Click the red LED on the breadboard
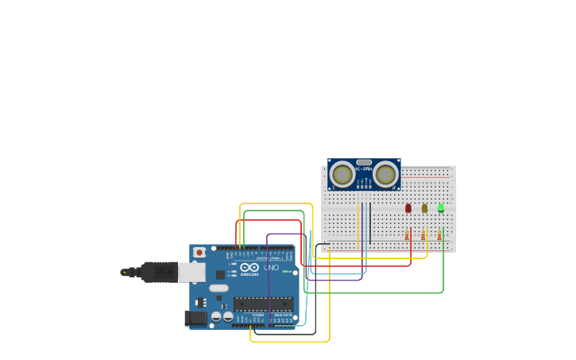coord(408,208)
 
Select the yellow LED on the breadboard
coord(424,208)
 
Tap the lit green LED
coord(441,208)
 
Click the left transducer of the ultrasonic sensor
coord(342,174)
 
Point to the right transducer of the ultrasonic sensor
coord(386,174)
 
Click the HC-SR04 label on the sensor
coord(364,169)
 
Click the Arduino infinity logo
coord(249,268)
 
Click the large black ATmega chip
coord(263,304)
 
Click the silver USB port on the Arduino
coord(191,273)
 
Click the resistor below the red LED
coord(408,235)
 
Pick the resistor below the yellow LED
coord(423,235)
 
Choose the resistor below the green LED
coord(439,235)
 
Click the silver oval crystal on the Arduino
coord(218,288)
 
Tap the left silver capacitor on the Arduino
coord(215,316)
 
